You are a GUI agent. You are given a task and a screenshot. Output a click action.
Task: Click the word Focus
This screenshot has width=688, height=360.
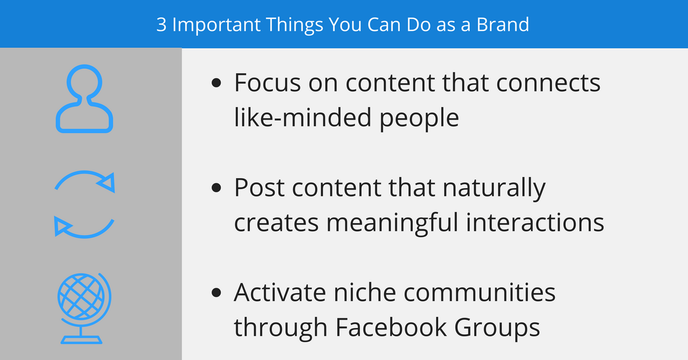[x=269, y=83]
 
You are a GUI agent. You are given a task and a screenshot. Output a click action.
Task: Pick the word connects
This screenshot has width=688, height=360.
[x=548, y=83]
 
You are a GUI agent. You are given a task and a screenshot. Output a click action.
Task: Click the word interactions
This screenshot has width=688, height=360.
[x=542, y=222]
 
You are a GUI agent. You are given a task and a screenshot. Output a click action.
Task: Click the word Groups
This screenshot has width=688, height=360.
[x=508, y=328]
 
